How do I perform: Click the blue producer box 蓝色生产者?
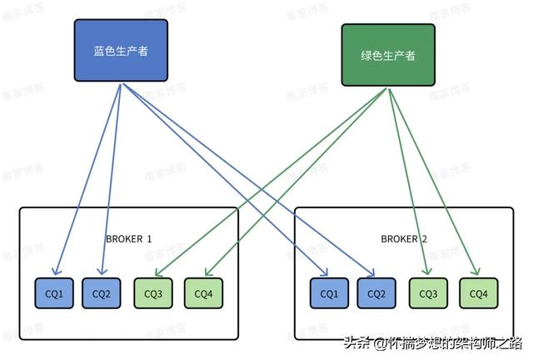pyautogui.click(x=121, y=52)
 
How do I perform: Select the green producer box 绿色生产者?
pyautogui.click(x=388, y=56)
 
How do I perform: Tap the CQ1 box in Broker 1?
pyautogui.click(x=54, y=293)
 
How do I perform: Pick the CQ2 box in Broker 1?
pyautogui.click(x=102, y=293)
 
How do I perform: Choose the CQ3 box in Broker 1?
pyautogui.click(x=153, y=293)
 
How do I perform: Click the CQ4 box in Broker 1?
pyautogui.click(x=203, y=293)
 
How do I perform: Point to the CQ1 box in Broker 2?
pyautogui.click(x=330, y=293)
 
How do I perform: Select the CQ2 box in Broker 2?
pyautogui.click(x=376, y=293)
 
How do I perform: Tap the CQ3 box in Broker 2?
pyautogui.click(x=428, y=293)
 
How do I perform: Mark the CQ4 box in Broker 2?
pyautogui.click(x=478, y=293)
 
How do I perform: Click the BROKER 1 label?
pyautogui.click(x=129, y=239)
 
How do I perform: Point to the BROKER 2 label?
pyautogui.click(x=405, y=239)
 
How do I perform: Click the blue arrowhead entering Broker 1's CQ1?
pyautogui.click(x=56, y=272)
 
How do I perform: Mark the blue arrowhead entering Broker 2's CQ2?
pyautogui.click(x=371, y=272)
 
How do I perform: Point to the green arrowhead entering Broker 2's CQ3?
pyautogui.click(x=427, y=272)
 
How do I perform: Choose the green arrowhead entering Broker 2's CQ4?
pyautogui.click(x=477, y=272)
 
